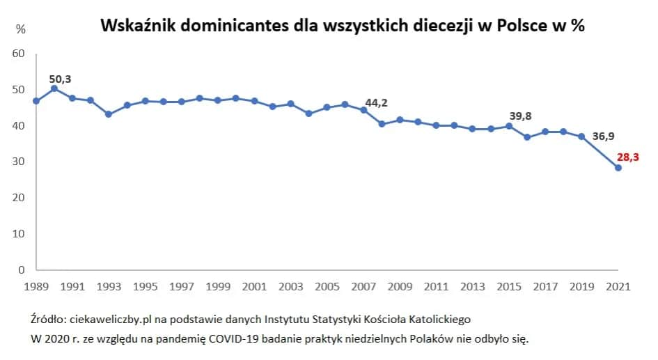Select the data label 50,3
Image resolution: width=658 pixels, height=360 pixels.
tap(60, 79)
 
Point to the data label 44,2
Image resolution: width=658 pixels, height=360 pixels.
tap(376, 103)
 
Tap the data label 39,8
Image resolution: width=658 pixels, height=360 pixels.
tap(521, 116)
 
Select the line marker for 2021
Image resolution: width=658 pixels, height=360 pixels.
tap(618, 168)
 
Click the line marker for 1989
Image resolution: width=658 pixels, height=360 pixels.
tap(36, 101)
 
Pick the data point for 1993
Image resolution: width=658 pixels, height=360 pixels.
tap(109, 114)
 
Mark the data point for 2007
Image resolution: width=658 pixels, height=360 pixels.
tap(363, 110)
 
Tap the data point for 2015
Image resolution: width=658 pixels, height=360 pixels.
tap(509, 126)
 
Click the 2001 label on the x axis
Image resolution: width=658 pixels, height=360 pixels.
tap(254, 286)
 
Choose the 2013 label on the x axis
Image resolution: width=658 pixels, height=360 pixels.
tap(472, 286)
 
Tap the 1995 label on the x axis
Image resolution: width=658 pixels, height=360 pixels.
tap(146, 286)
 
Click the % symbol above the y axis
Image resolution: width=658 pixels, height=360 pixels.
tap(21, 30)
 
